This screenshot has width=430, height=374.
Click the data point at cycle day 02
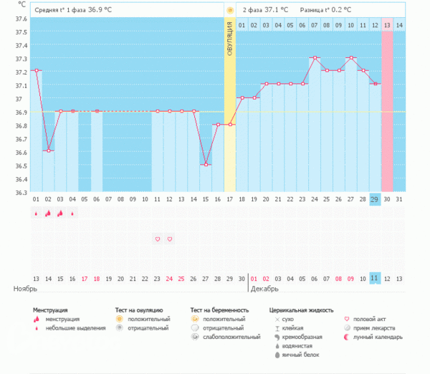click(x=49, y=150)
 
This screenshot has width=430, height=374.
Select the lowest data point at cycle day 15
click(x=206, y=165)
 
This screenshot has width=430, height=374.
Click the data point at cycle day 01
click(x=36, y=70)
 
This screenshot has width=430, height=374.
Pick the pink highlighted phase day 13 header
click(x=387, y=25)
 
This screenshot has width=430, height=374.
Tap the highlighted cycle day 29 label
click(x=375, y=199)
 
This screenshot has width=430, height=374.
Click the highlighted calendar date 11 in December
click(x=375, y=277)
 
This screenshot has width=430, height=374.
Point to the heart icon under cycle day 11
click(x=158, y=239)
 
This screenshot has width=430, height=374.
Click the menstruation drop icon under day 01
click(x=36, y=214)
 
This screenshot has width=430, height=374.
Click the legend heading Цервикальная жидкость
click(x=301, y=310)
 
